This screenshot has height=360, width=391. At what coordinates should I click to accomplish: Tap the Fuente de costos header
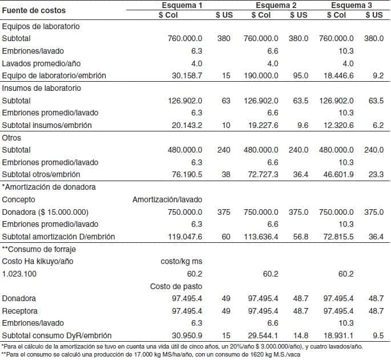(34, 10)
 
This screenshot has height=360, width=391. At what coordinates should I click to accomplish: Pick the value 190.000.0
(261, 76)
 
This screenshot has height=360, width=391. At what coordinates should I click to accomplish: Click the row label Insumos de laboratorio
(42, 89)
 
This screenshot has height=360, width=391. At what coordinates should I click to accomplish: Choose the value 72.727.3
(261, 175)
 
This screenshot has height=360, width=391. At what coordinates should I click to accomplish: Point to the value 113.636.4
(260, 237)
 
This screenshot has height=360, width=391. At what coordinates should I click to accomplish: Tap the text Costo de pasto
(176, 286)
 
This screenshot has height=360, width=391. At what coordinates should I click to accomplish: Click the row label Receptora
(20, 311)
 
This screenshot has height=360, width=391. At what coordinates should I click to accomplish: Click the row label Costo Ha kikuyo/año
(38, 262)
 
